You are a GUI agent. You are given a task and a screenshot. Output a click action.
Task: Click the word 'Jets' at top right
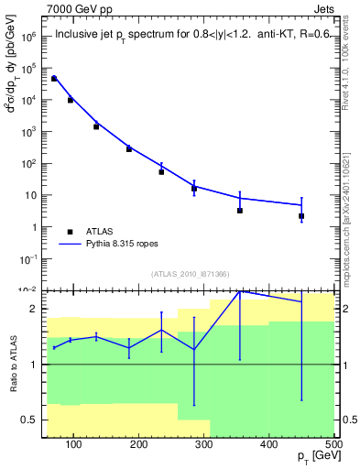321,8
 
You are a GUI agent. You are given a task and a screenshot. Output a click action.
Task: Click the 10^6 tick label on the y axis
28,38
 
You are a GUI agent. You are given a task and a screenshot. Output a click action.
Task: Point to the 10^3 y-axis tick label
28,132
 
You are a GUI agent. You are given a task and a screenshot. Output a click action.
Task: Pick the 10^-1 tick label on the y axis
27,258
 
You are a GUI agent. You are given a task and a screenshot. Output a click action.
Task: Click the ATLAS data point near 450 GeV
301,216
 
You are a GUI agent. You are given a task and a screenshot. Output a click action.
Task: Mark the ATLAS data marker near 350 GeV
240,211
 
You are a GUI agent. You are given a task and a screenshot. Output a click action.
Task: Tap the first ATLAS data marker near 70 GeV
54,79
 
